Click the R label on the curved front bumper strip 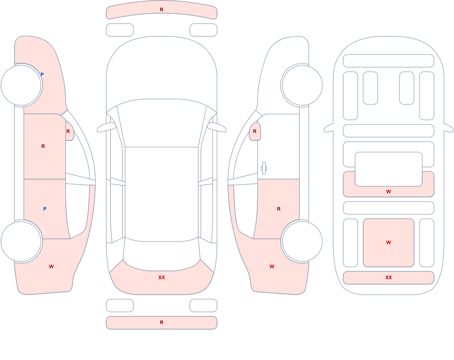[x=162, y=10]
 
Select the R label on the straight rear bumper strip [x=162, y=322]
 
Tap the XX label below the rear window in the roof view [x=162, y=277]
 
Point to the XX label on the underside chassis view [x=389, y=277]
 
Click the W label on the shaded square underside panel [x=389, y=242]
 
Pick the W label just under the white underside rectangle [x=389, y=192]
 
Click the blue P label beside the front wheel [x=42, y=74]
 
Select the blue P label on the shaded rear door [x=44, y=209]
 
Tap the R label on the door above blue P [x=43, y=146]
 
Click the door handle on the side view [x=264, y=168]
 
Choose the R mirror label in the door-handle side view [x=255, y=131]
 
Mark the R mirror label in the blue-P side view [x=68, y=131]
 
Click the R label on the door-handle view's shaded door [x=279, y=209]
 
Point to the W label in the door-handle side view [x=272, y=266]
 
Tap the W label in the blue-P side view [x=51, y=266]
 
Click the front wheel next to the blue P [x=21, y=85]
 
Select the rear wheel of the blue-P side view [x=21, y=242]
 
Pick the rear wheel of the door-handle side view [x=302, y=242]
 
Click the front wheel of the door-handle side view [x=302, y=85]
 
